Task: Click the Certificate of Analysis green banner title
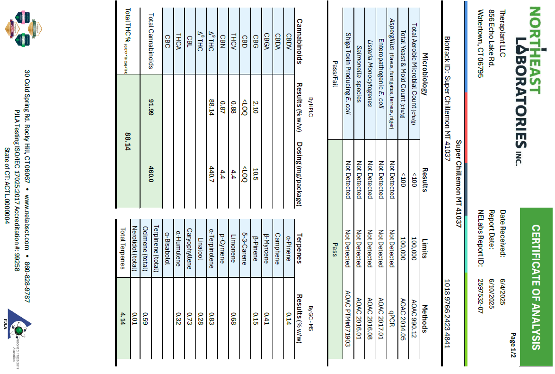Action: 536,286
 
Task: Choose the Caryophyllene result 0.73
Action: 189,315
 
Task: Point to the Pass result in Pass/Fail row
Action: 334,250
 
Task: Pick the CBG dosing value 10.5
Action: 256,174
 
